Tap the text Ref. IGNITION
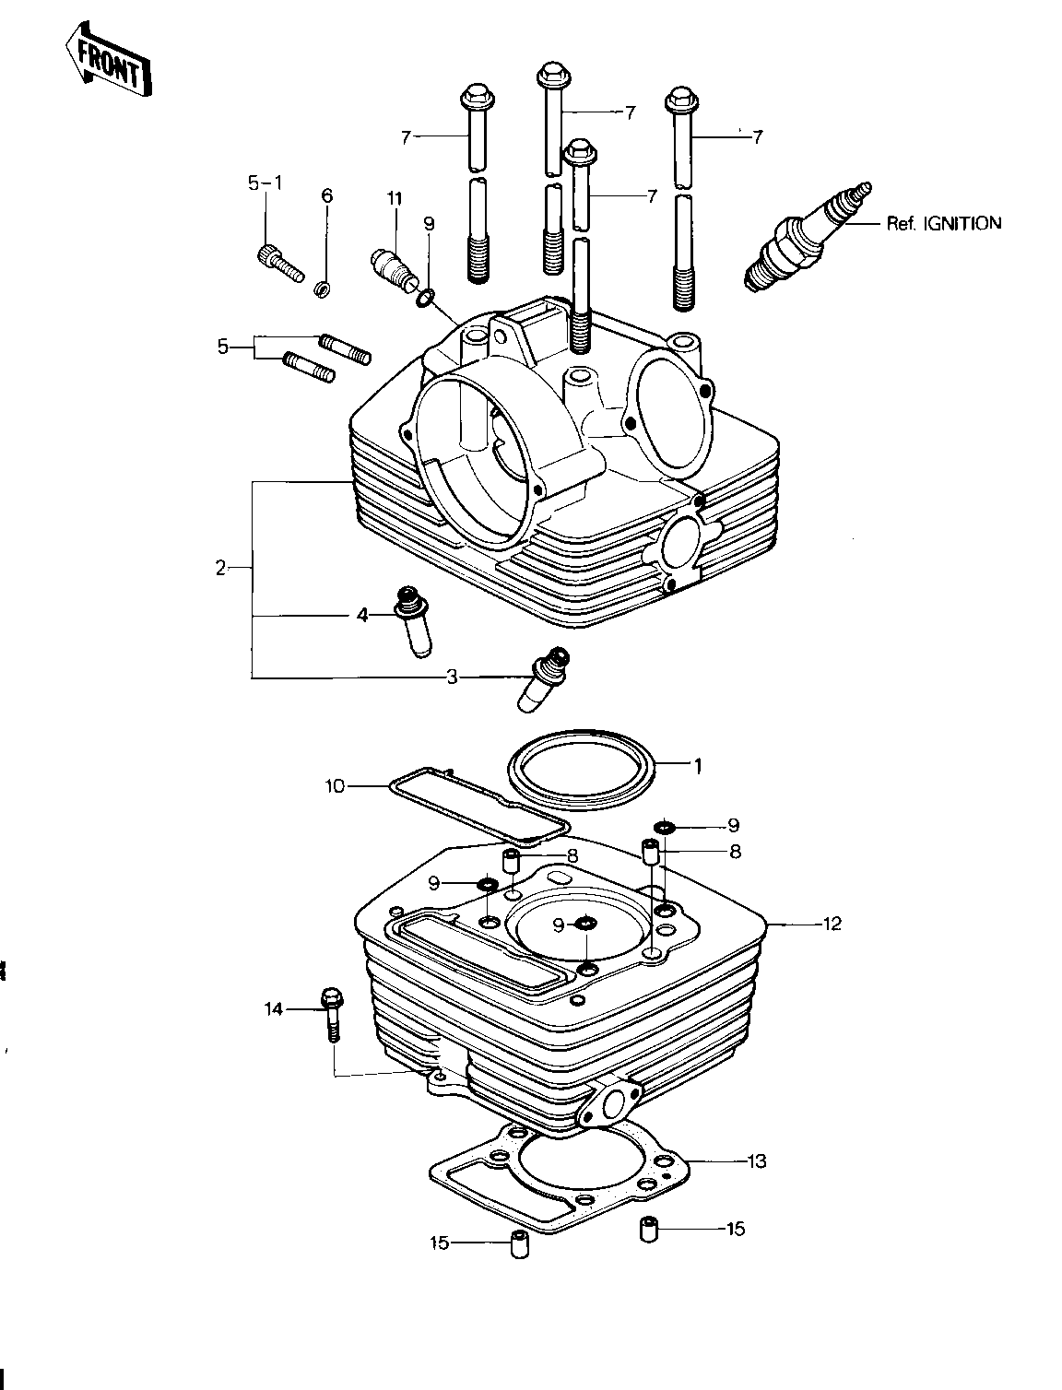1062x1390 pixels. click(x=943, y=223)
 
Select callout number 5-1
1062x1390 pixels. click(x=265, y=183)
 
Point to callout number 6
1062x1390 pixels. click(x=326, y=195)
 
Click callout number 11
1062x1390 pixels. click(x=395, y=198)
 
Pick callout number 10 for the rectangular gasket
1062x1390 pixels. click(x=334, y=786)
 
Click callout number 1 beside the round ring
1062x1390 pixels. click(x=698, y=764)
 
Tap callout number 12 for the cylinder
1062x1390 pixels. click(x=832, y=923)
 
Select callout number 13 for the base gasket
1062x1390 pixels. click(x=756, y=1161)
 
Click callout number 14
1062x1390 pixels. click(x=273, y=1009)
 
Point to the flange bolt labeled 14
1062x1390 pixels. click(x=330, y=1014)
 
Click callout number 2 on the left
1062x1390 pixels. click(x=220, y=569)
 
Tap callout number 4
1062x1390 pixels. click(x=362, y=615)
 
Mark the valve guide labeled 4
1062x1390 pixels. click(x=411, y=620)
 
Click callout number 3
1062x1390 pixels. click(x=452, y=678)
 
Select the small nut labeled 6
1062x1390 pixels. click(x=323, y=290)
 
